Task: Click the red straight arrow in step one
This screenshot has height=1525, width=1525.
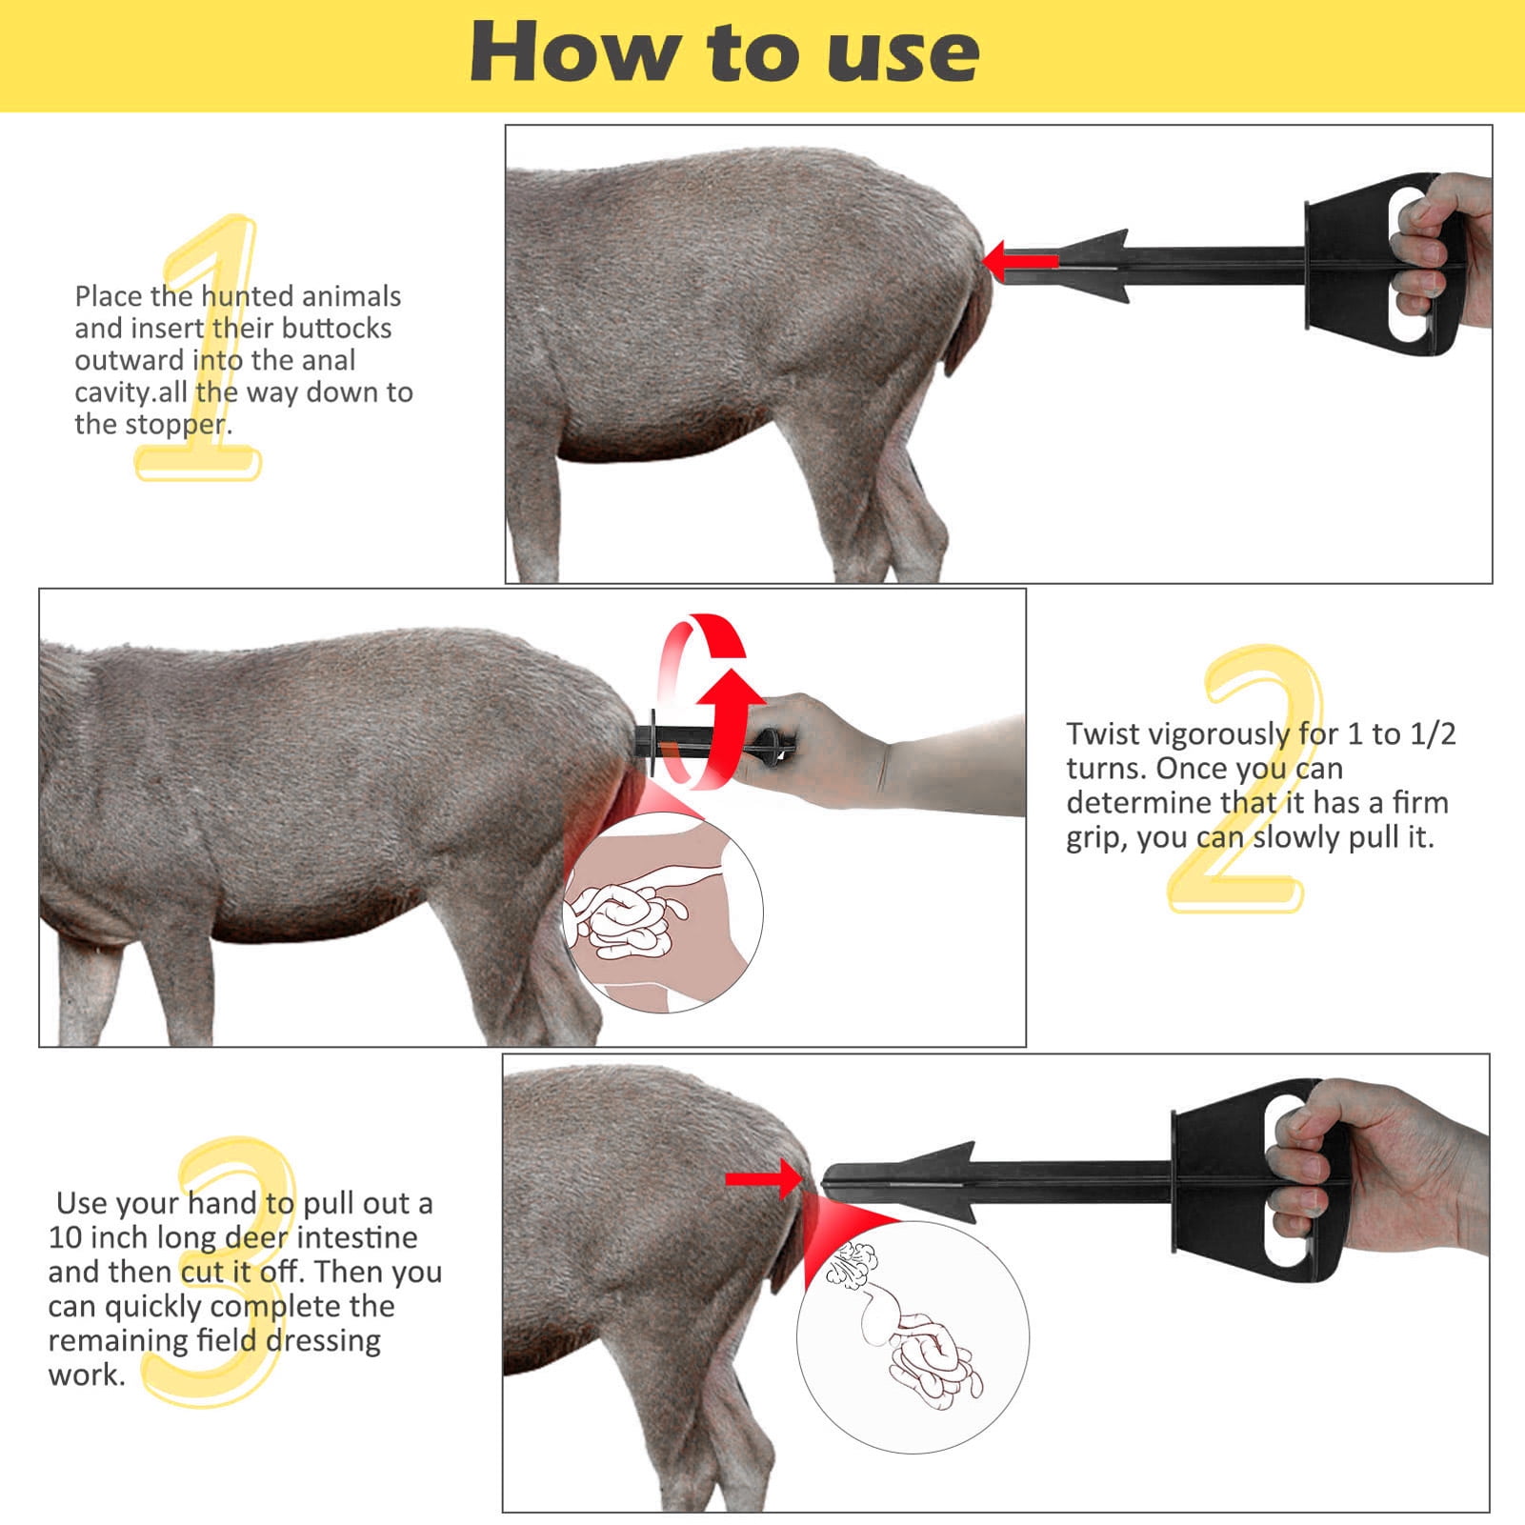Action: pyautogui.click(x=1019, y=260)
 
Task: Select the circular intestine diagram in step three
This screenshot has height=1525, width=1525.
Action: pyautogui.click(x=913, y=1336)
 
